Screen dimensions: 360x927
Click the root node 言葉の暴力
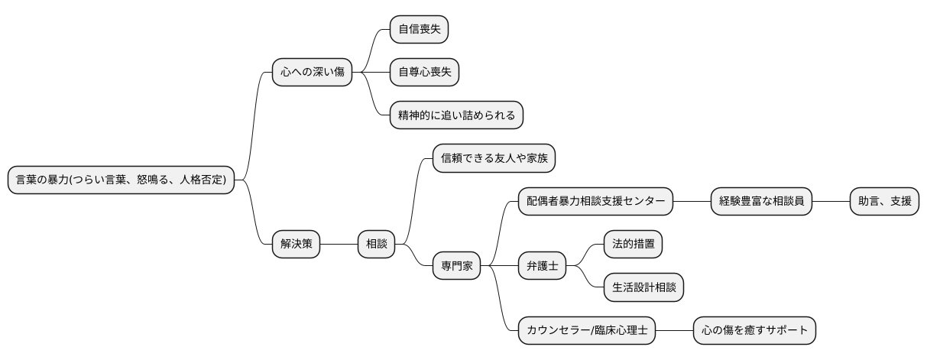121,180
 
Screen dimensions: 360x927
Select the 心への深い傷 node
312,73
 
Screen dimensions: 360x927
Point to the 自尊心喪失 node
424,73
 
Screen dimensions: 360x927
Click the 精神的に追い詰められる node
456,115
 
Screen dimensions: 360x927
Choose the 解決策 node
297,245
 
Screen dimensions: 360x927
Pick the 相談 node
377,245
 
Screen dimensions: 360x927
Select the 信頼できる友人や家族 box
494,158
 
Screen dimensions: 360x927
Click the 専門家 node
457,266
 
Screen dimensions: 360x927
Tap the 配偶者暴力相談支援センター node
595,201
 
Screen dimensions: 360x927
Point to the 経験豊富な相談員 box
761,201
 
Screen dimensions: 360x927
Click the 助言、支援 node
884,201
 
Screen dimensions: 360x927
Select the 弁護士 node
542,266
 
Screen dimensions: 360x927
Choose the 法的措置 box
633,245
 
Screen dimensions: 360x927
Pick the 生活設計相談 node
643,287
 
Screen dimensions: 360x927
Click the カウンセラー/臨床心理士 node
587,330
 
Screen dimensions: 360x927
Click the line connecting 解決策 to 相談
339,245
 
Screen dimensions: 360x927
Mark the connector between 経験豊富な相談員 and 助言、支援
831,201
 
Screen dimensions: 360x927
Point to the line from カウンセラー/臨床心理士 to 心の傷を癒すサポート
675,330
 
